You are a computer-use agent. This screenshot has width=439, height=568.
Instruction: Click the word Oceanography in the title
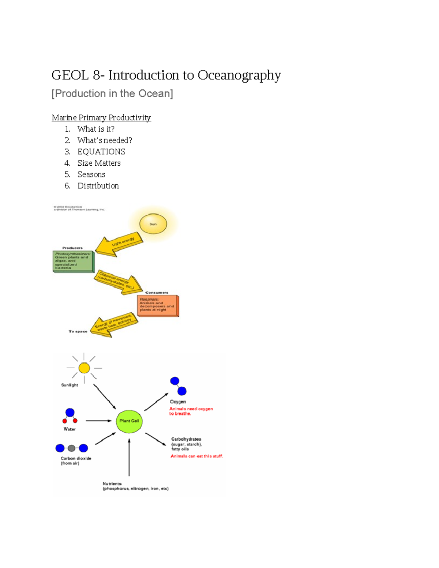(x=239, y=75)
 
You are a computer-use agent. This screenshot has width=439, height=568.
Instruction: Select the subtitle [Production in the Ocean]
(x=112, y=94)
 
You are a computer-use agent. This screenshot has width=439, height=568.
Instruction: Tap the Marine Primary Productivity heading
(x=101, y=118)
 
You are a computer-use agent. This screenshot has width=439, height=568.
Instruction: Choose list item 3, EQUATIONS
(x=101, y=152)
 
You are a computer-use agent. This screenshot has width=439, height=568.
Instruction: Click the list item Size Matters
(x=99, y=163)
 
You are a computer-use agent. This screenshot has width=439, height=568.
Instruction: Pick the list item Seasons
(x=91, y=174)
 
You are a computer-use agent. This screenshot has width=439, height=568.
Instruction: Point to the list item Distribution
(x=98, y=186)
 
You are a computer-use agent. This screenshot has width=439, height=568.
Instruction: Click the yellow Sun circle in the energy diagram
(x=153, y=224)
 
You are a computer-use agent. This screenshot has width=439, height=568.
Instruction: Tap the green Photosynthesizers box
(x=73, y=261)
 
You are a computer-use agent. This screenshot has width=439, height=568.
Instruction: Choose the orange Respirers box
(x=157, y=305)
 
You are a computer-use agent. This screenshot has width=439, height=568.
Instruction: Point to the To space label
(x=78, y=331)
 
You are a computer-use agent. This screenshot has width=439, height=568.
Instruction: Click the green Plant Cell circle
(x=129, y=421)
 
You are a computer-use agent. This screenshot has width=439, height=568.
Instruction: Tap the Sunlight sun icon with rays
(x=84, y=368)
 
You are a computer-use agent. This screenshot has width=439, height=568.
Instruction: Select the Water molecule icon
(x=70, y=416)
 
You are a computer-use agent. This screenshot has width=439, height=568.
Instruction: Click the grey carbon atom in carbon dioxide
(x=72, y=448)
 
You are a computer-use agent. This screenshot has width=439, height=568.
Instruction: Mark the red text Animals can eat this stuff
(x=197, y=456)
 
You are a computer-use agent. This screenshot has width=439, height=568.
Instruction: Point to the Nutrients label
(x=112, y=484)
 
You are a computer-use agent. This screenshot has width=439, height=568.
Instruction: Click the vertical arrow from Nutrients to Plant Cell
(x=129, y=457)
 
